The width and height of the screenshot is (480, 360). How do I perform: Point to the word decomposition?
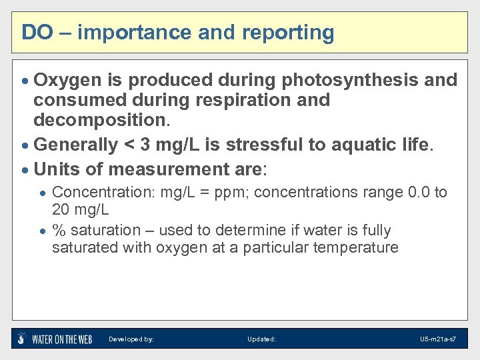[101, 121]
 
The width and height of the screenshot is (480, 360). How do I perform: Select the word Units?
[56, 169]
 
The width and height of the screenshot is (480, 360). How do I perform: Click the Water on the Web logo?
[55, 339]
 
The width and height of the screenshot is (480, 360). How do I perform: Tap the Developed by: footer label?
[131, 339]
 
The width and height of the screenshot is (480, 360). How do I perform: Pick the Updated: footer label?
[261, 339]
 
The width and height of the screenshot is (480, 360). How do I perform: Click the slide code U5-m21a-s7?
[438, 339]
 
